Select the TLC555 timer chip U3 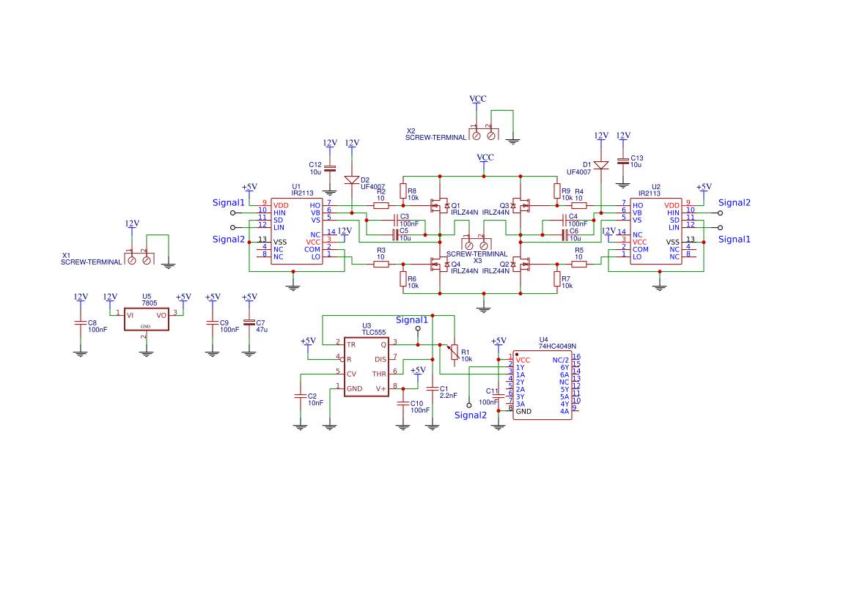pos(366,366)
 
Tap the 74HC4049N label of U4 pos(557,346)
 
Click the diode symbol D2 pos(352,180)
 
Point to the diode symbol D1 pos(601,165)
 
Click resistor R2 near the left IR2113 pos(381,206)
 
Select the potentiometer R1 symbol pos(455,353)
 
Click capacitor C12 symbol pos(330,168)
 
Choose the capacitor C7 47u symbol pos(249,322)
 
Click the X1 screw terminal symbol pos(139,258)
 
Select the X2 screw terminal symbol pos(484,134)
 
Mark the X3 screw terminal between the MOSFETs pos(476,244)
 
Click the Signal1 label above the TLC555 pos(412,320)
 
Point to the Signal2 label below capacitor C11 pos(471,415)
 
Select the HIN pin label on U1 pos(279,213)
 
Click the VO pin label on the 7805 pos(161,315)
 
